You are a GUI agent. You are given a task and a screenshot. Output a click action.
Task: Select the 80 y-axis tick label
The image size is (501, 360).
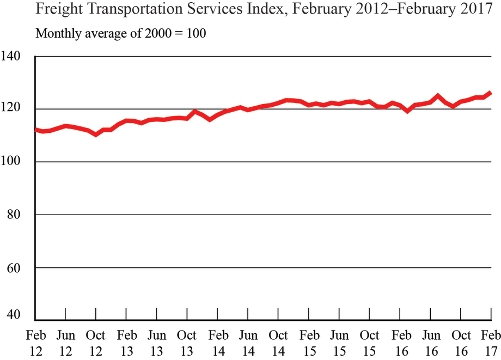coord(15,215)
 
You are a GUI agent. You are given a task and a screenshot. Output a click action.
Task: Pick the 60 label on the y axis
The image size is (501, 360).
coord(15,268)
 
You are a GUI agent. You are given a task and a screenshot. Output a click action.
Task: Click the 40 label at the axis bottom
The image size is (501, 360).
coord(15,315)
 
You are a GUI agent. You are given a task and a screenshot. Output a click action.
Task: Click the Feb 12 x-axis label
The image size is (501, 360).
coord(35,341)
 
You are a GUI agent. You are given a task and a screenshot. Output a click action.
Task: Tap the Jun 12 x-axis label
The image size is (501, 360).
coord(65,341)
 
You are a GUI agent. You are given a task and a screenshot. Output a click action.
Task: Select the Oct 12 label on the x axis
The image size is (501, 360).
coord(96,341)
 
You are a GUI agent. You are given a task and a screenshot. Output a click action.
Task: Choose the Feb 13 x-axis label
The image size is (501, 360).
coord(126,341)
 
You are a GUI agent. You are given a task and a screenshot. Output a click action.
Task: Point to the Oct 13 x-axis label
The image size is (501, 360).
coord(187,341)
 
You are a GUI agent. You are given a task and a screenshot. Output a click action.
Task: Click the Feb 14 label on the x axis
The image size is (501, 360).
coord(218,341)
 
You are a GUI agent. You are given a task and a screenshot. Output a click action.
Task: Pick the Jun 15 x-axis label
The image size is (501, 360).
coord(340,341)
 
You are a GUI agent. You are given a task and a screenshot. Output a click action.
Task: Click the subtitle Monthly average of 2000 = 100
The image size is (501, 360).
coord(120,33)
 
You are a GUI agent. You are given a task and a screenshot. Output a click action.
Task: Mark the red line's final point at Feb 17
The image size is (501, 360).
coord(491,93)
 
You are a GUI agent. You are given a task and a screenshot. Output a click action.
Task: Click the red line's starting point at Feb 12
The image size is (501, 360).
coord(36,130)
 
